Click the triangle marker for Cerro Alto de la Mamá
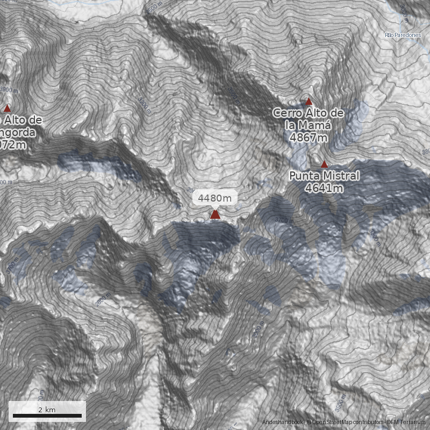point(309,102)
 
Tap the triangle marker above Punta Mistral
point(324,164)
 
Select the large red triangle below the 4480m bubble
point(215,215)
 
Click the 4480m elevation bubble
point(214,198)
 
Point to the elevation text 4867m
point(308,138)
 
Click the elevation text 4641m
point(324,188)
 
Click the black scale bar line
point(47,416)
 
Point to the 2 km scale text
point(47,410)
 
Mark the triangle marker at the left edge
point(7,108)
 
